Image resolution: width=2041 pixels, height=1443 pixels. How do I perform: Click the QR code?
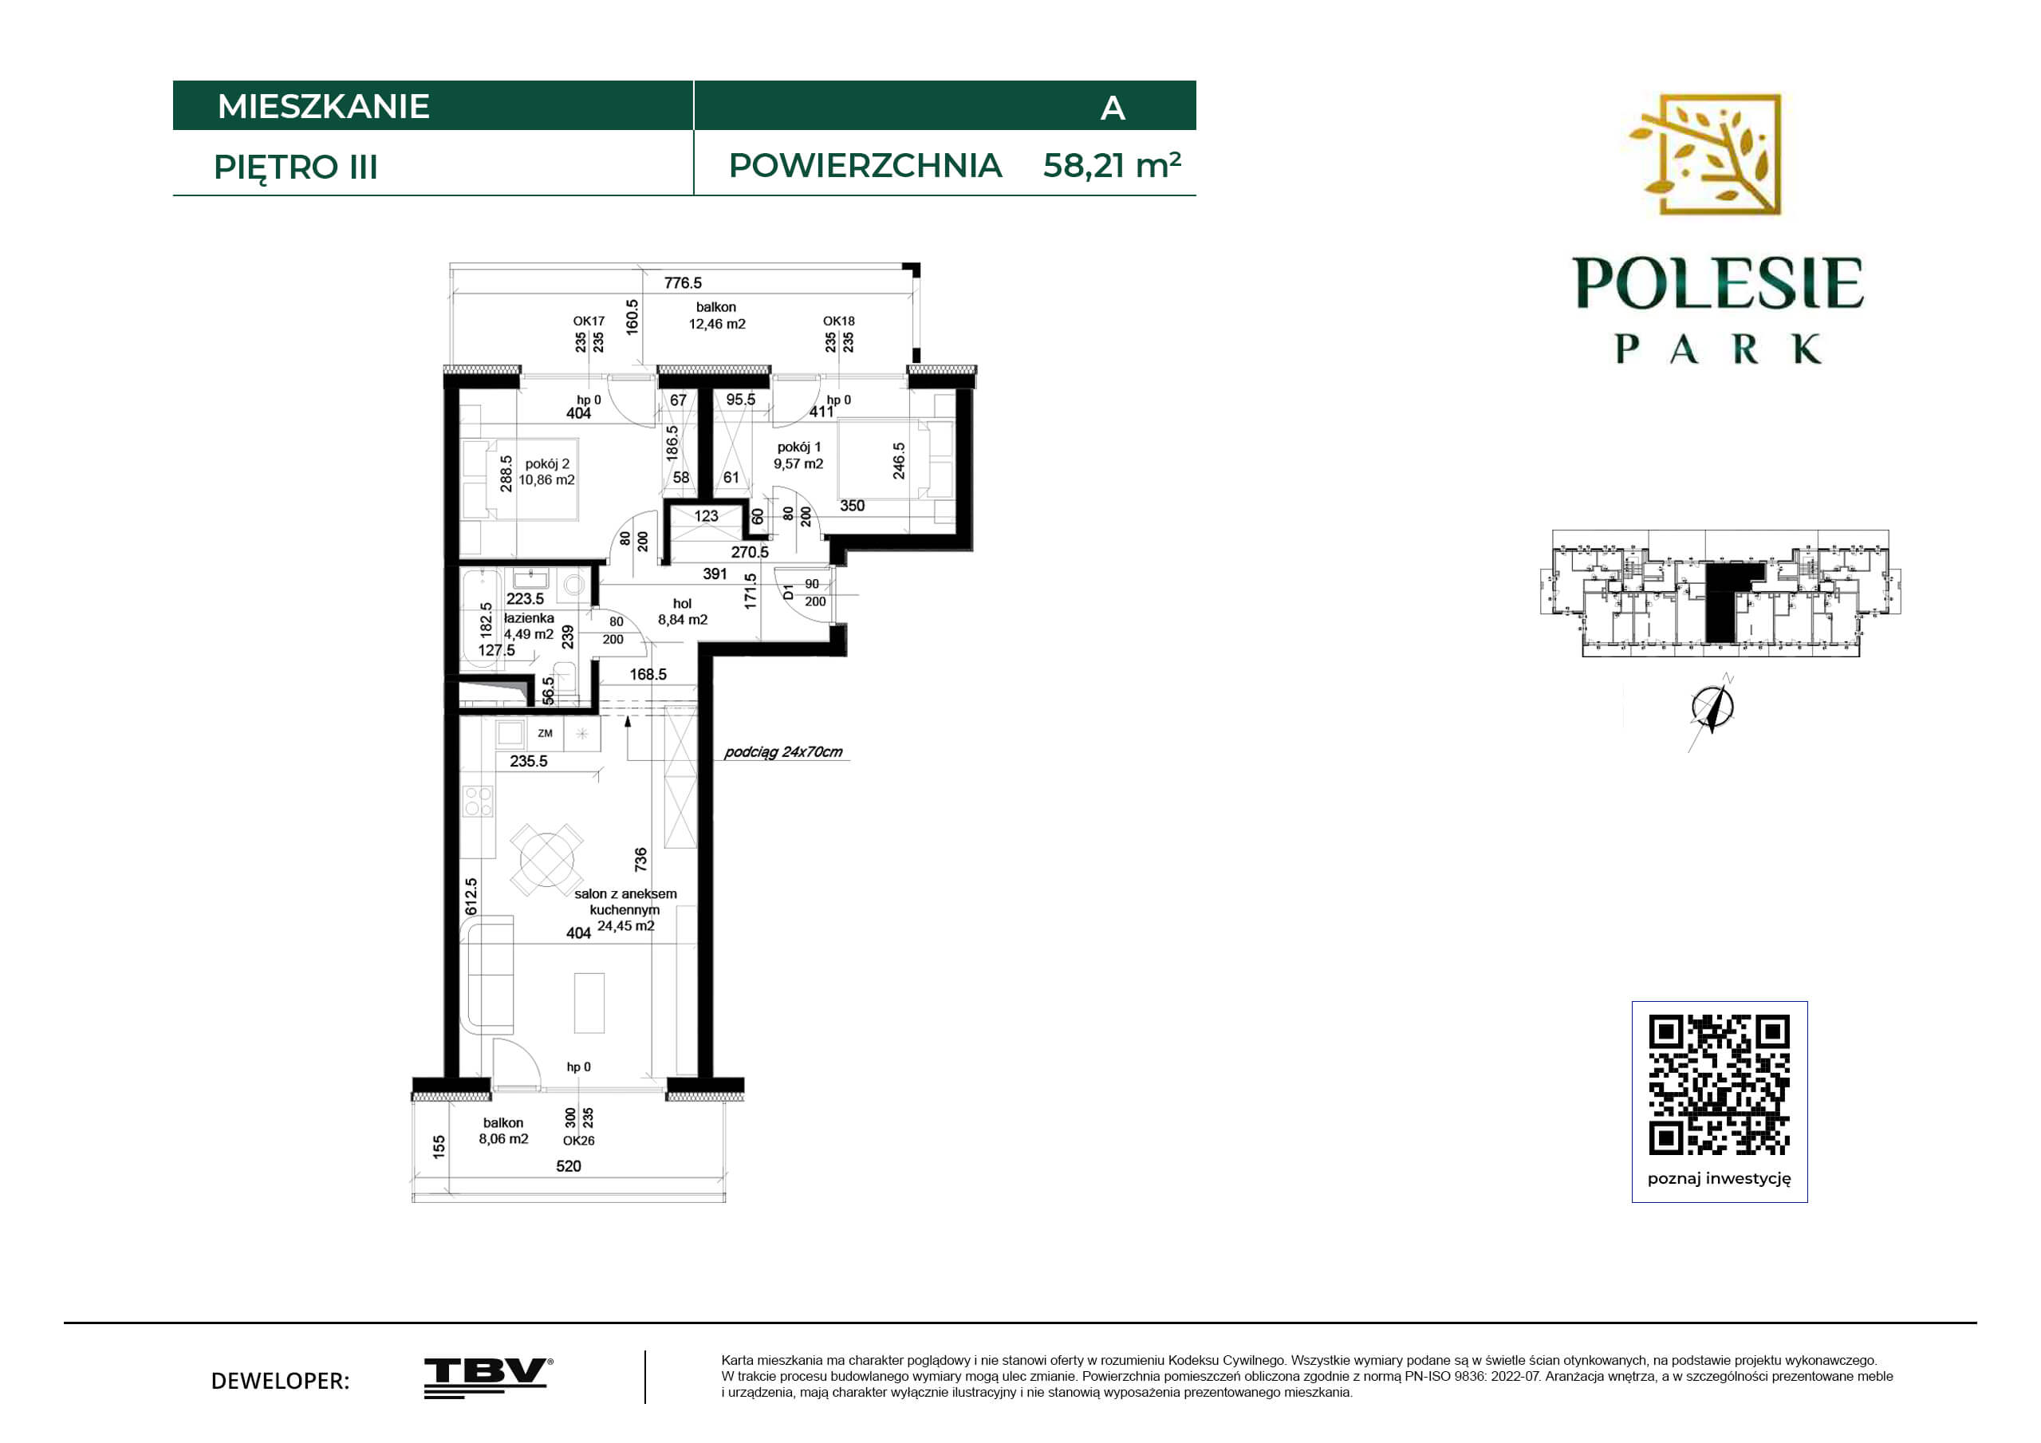[1720, 1085]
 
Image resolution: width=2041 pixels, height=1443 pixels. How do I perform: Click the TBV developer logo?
[488, 1378]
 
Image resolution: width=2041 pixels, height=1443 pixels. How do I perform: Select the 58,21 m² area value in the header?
[1112, 165]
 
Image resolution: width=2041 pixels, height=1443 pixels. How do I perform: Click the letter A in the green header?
[1113, 108]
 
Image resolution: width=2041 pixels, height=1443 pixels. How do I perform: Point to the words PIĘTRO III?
[296, 168]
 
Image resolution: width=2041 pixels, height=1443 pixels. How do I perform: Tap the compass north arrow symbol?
[1712, 708]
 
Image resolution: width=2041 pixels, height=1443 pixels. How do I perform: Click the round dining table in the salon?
[546, 859]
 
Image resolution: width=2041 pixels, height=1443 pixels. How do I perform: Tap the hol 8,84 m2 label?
[683, 612]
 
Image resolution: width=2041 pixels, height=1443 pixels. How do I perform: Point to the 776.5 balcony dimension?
[683, 282]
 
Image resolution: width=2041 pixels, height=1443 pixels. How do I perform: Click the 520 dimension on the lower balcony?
[568, 1166]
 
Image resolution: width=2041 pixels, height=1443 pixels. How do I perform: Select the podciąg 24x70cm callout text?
[783, 752]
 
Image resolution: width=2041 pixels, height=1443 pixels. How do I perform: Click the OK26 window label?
[579, 1141]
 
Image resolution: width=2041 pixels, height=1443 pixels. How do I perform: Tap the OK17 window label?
[589, 321]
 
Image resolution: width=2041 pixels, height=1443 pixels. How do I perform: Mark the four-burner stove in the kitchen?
[479, 801]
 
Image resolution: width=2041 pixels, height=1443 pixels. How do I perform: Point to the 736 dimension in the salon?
[641, 859]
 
